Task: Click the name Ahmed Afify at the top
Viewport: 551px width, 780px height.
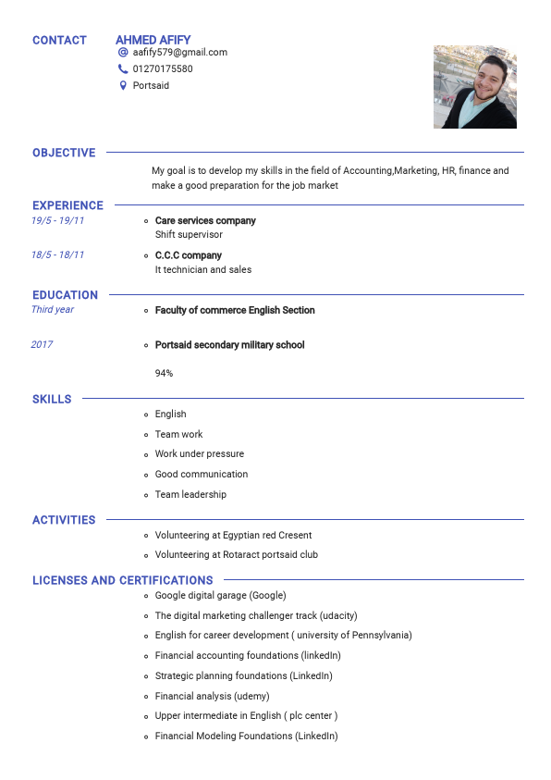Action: coord(153,40)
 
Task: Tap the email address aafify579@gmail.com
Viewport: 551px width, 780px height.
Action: coord(179,53)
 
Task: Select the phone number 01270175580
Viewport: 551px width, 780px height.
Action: coord(163,69)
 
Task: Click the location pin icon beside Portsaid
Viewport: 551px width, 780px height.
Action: coord(123,86)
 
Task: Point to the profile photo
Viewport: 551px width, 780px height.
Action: coord(474,87)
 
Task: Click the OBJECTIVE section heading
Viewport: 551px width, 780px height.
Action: coord(64,153)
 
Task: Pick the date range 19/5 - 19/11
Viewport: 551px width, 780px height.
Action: coord(57,220)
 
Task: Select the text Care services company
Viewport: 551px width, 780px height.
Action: coord(205,221)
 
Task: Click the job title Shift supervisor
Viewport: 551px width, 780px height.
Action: coord(189,235)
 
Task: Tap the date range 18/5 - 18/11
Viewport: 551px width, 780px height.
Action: coord(57,254)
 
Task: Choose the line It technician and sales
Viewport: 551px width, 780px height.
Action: coord(203,270)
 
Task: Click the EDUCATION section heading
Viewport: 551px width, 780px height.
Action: coord(65,295)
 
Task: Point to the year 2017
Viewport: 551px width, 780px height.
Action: coord(42,344)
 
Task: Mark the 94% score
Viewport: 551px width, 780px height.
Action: coord(164,373)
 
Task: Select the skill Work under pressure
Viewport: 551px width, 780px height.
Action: coord(200,454)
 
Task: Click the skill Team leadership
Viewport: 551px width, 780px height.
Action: coord(190,494)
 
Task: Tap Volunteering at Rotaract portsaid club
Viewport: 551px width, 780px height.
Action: coord(237,555)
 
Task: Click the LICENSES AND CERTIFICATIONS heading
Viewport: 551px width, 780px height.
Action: coord(123,580)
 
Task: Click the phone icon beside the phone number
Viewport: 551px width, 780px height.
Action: coord(123,69)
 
